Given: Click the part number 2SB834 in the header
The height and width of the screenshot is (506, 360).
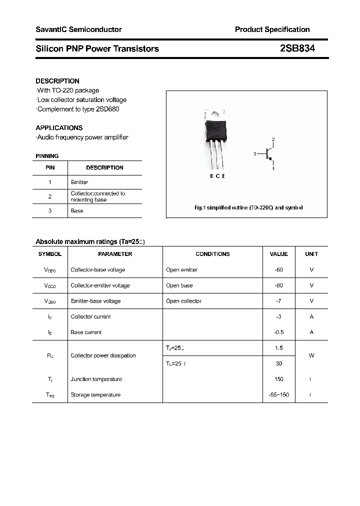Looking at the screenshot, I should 297,48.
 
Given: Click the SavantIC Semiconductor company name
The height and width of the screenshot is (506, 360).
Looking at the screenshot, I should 78,29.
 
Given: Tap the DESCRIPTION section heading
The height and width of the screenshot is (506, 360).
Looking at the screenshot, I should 57,81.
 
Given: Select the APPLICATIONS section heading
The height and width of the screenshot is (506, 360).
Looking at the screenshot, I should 59,128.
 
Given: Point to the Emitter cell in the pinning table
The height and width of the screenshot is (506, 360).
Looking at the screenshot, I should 79,182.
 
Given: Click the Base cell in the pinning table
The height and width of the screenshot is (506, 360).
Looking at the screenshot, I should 77,211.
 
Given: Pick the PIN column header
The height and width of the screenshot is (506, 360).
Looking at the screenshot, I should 50,168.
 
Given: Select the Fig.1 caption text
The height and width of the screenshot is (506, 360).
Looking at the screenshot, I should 248,207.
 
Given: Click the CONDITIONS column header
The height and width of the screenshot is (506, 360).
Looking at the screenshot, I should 212,254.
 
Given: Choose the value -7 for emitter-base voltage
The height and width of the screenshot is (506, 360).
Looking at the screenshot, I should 278,301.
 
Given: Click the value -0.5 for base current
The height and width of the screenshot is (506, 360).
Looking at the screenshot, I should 278,332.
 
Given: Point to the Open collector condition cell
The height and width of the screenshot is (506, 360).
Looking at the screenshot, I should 183,301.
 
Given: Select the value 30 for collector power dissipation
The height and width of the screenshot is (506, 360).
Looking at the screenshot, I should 278,363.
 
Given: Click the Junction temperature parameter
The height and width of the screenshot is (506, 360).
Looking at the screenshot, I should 96,379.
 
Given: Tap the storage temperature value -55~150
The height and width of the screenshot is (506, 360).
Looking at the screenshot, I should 278,395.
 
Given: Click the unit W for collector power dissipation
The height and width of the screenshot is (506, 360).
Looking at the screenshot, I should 311,356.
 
